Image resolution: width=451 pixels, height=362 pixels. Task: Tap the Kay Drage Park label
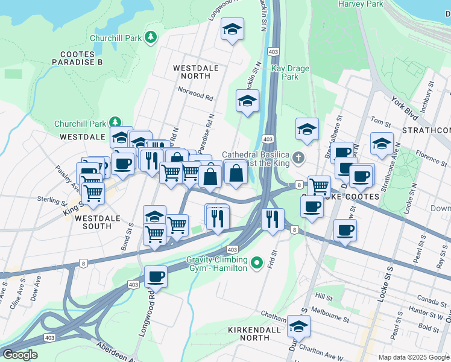coord(290,72)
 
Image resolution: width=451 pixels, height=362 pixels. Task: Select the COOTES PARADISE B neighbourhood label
coord(77,58)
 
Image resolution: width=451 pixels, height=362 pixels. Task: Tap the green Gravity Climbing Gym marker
coord(257,262)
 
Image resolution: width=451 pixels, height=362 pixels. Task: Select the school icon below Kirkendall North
coord(297,326)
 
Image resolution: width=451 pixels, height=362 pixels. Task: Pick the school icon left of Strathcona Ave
coord(382,144)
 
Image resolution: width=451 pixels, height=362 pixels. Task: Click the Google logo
coord(19,355)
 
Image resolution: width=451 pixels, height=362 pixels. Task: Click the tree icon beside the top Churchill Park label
coord(150,37)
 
